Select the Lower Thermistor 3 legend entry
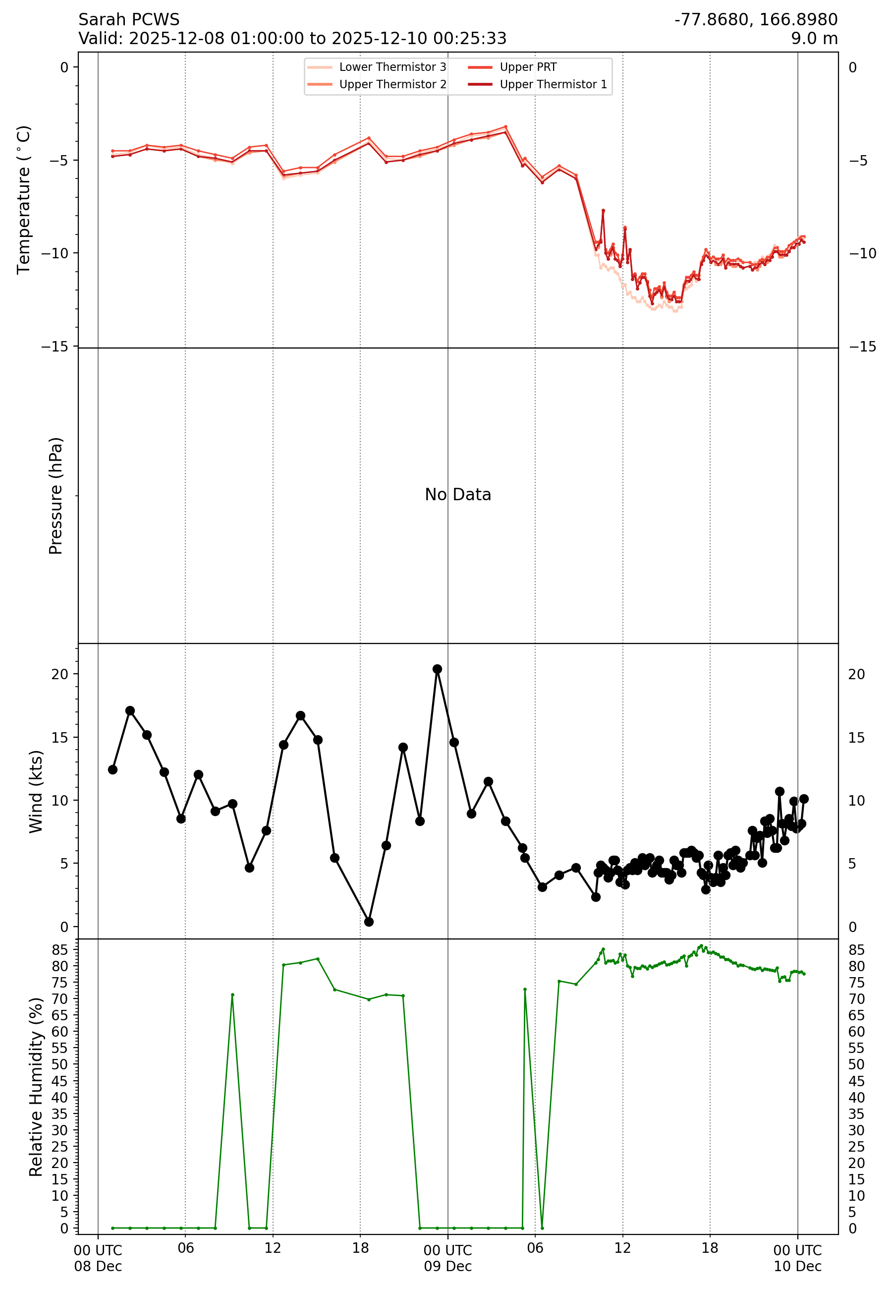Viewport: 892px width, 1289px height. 392,67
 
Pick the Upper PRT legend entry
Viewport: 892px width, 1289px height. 528,67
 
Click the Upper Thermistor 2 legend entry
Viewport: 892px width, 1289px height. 392,84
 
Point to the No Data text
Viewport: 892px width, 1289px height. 458,495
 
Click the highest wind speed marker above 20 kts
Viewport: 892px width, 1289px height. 437,669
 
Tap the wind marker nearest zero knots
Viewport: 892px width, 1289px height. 369,922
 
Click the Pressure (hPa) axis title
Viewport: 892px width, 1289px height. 56,496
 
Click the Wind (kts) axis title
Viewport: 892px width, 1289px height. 36,792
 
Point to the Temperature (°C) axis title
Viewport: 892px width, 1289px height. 23,200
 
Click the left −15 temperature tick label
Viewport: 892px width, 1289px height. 55,347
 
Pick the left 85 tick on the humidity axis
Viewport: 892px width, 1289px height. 59,950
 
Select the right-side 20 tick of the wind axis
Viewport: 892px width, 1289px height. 856,674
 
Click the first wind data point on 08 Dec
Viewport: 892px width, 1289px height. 113,770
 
